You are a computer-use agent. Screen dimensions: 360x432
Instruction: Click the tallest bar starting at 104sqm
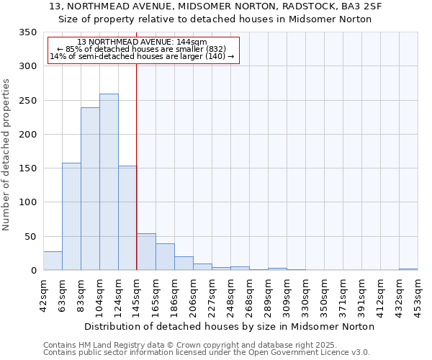(109, 181)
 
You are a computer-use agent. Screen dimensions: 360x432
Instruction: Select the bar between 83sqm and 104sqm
(90, 189)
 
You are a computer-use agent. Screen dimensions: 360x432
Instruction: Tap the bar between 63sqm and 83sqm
(71, 216)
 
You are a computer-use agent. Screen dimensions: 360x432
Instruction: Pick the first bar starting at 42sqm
(53, 261)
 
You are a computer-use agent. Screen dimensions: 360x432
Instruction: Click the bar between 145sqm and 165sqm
(146, 252)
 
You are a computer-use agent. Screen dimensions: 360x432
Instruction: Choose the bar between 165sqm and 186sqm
(165, 257)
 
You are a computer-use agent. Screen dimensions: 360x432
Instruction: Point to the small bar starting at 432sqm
(408, 269)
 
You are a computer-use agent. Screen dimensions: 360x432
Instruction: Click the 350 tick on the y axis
(27, 32)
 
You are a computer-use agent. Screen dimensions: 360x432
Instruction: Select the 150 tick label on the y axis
(27, 168)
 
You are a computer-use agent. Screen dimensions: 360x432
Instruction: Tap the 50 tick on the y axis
(30, 237)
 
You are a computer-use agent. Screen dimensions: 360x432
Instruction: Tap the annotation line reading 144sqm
(142, 42)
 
